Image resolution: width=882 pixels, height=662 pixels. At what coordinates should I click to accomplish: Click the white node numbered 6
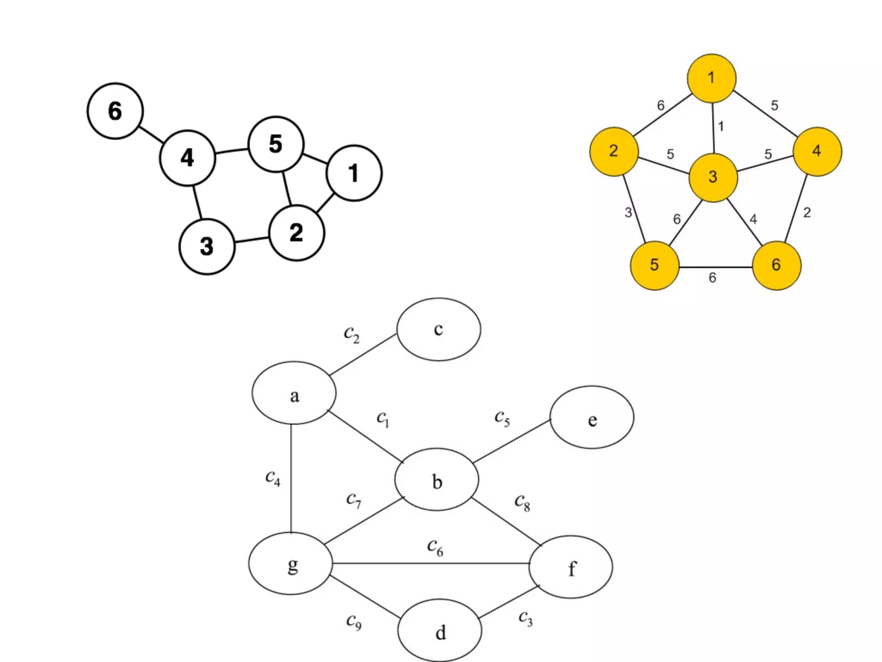point(115,111)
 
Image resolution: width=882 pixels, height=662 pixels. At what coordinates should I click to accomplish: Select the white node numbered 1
point(354,173)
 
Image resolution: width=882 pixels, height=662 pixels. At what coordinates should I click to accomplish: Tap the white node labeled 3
point(207,247)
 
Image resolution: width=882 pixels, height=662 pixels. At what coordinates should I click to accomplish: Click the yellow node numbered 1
point(711,78)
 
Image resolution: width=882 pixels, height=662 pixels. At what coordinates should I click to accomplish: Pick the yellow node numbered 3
point(713,177)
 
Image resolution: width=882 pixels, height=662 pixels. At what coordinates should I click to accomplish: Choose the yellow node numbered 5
point(654,265)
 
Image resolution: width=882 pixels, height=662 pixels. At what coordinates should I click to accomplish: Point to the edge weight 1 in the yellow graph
point(721,127)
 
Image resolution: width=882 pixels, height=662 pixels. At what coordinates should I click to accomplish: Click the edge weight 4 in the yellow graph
point(753,219)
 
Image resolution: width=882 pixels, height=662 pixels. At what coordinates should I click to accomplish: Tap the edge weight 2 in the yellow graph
point(807,212)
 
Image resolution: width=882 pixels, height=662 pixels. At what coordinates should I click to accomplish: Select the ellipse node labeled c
point(438,329)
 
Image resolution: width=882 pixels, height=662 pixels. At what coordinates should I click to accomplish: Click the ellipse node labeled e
point(592,417)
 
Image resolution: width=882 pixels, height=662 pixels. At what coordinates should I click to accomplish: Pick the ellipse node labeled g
point(291,564)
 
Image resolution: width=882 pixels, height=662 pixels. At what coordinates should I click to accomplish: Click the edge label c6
point(435,547)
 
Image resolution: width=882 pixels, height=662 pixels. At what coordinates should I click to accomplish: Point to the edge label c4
point(273,478)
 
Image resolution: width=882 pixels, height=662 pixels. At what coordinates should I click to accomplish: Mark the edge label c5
point(502,418)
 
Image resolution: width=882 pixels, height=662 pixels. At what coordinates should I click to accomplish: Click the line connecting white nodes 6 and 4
point(151,134)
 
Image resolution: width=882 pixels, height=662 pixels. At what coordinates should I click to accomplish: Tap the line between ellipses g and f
point(431,563)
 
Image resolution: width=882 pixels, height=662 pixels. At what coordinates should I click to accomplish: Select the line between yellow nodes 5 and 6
point(715,267)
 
